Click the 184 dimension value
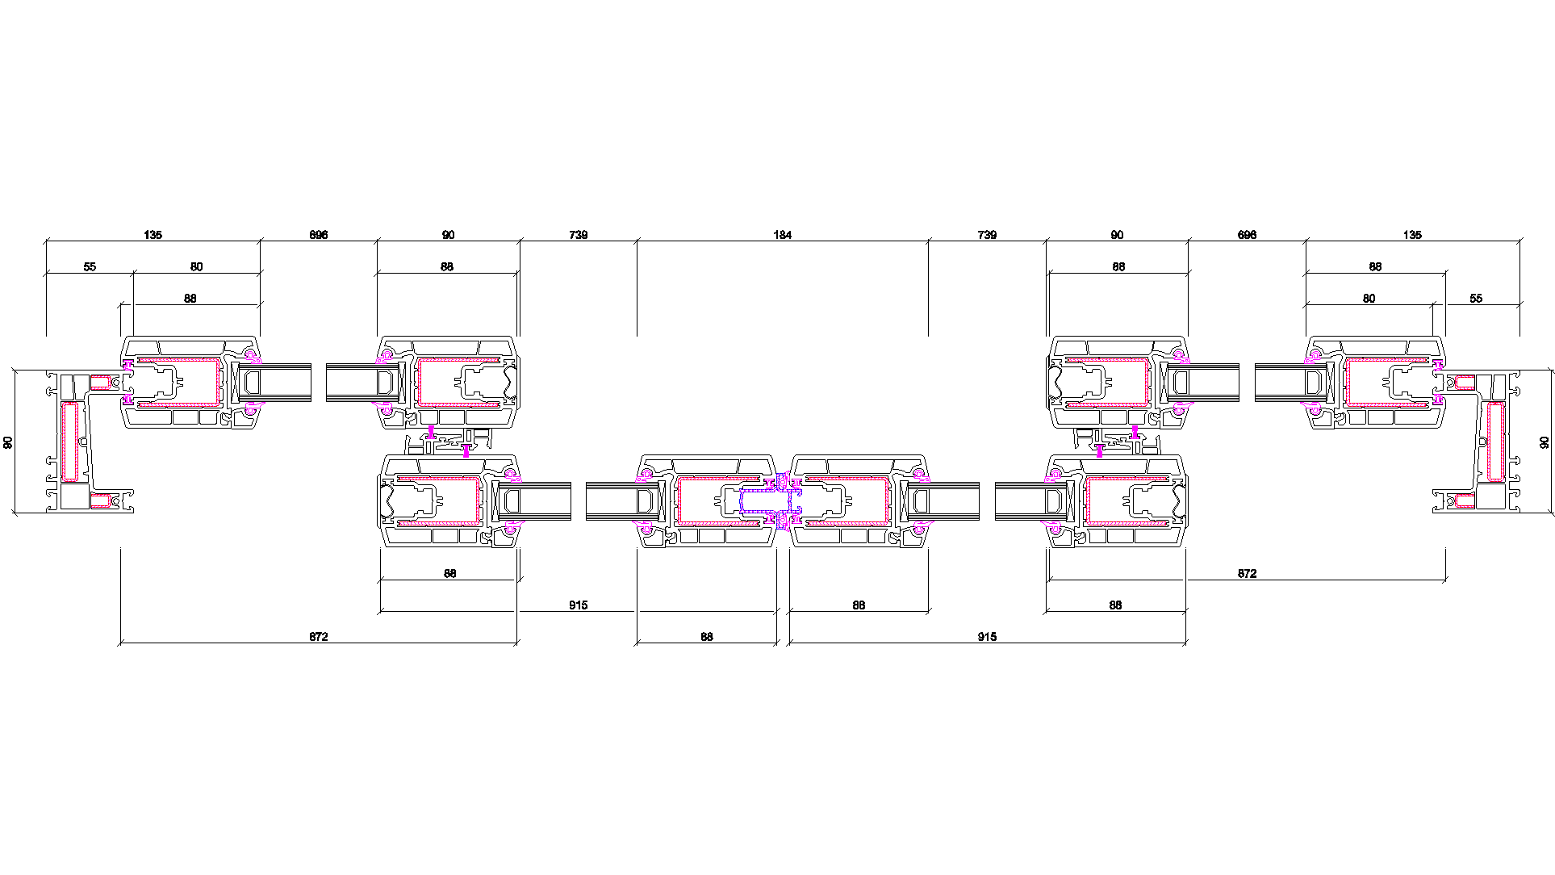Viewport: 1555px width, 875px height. (x=782, y=235)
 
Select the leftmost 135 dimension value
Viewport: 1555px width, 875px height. (x=153, y=235)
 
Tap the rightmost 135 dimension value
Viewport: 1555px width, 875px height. (x=1412, y=235)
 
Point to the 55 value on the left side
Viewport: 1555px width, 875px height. (x=90, y=266)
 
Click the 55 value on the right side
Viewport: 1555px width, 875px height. (x=1476, y=298)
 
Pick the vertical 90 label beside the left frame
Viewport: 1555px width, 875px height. (x=8, y=442)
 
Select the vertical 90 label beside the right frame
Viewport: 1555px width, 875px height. (x=1545, y=442)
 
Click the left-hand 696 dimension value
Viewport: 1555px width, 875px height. (x=319, y=235)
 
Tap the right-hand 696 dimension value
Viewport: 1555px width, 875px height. (x=1247, y=235)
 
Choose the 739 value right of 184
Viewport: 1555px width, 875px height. (x=987, y=235)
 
